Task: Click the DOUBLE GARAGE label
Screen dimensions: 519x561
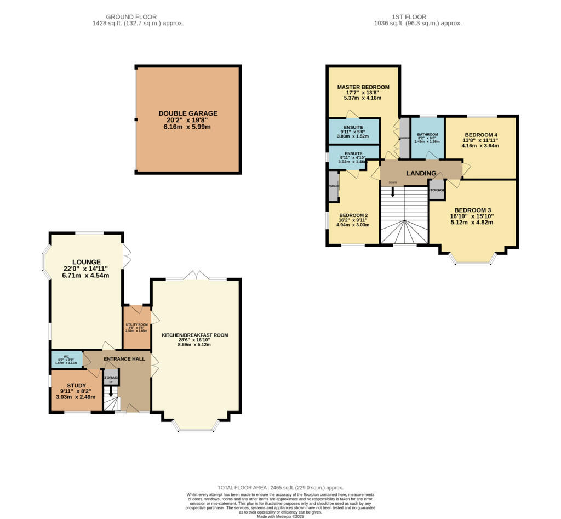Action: click(188, 113)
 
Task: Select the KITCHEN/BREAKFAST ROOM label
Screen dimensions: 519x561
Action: click(194, 335)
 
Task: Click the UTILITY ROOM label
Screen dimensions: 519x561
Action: click(137, 325)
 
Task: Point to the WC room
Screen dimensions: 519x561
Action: click(66, 360)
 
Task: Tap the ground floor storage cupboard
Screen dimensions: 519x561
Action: click(111, 378)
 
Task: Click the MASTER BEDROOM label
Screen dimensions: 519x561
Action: click(363, 87)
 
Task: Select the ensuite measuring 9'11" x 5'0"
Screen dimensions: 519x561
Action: click(353, 131)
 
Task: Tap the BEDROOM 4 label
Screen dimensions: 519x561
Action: click(481, 135)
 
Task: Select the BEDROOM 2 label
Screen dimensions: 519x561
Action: click(353, 215)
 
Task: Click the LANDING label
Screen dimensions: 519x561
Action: click(421, 173)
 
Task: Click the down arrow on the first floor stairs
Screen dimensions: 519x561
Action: click(392, 192)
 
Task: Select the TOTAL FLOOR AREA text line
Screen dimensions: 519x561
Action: click(280, 487)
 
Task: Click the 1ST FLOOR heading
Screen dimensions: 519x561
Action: click(417, 17)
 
